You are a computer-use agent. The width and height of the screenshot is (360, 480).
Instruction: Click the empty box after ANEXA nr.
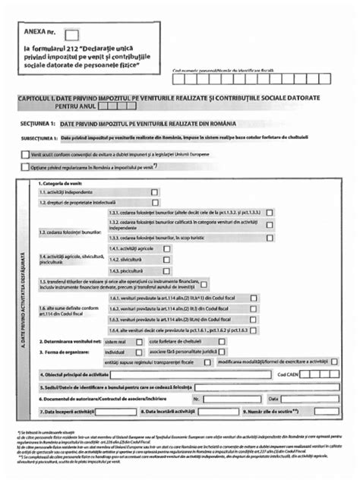tap(72, 35)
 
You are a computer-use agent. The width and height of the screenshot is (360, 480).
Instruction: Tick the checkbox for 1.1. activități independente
tap(155, 192)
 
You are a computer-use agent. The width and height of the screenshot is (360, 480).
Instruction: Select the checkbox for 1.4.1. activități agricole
tap(167, 248)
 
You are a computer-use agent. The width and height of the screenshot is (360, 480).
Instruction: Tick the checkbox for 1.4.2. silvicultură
tap(167, 259)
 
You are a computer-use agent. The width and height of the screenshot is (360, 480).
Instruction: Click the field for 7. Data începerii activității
tap(107, 411)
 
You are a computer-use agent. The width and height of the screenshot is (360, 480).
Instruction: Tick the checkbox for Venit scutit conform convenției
tap(26, 153)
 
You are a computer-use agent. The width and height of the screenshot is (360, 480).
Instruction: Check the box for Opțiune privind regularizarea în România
tap(26, 166)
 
